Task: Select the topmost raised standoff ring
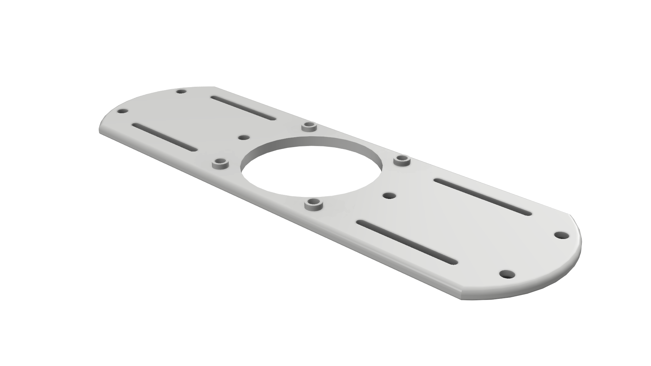309,126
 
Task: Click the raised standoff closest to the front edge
313,204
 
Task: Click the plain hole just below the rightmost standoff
389,196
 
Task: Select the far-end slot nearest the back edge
243,108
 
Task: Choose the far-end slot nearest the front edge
164,137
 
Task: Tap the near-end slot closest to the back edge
482,197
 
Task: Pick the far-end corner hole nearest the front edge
122,111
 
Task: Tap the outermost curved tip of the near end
580,244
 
